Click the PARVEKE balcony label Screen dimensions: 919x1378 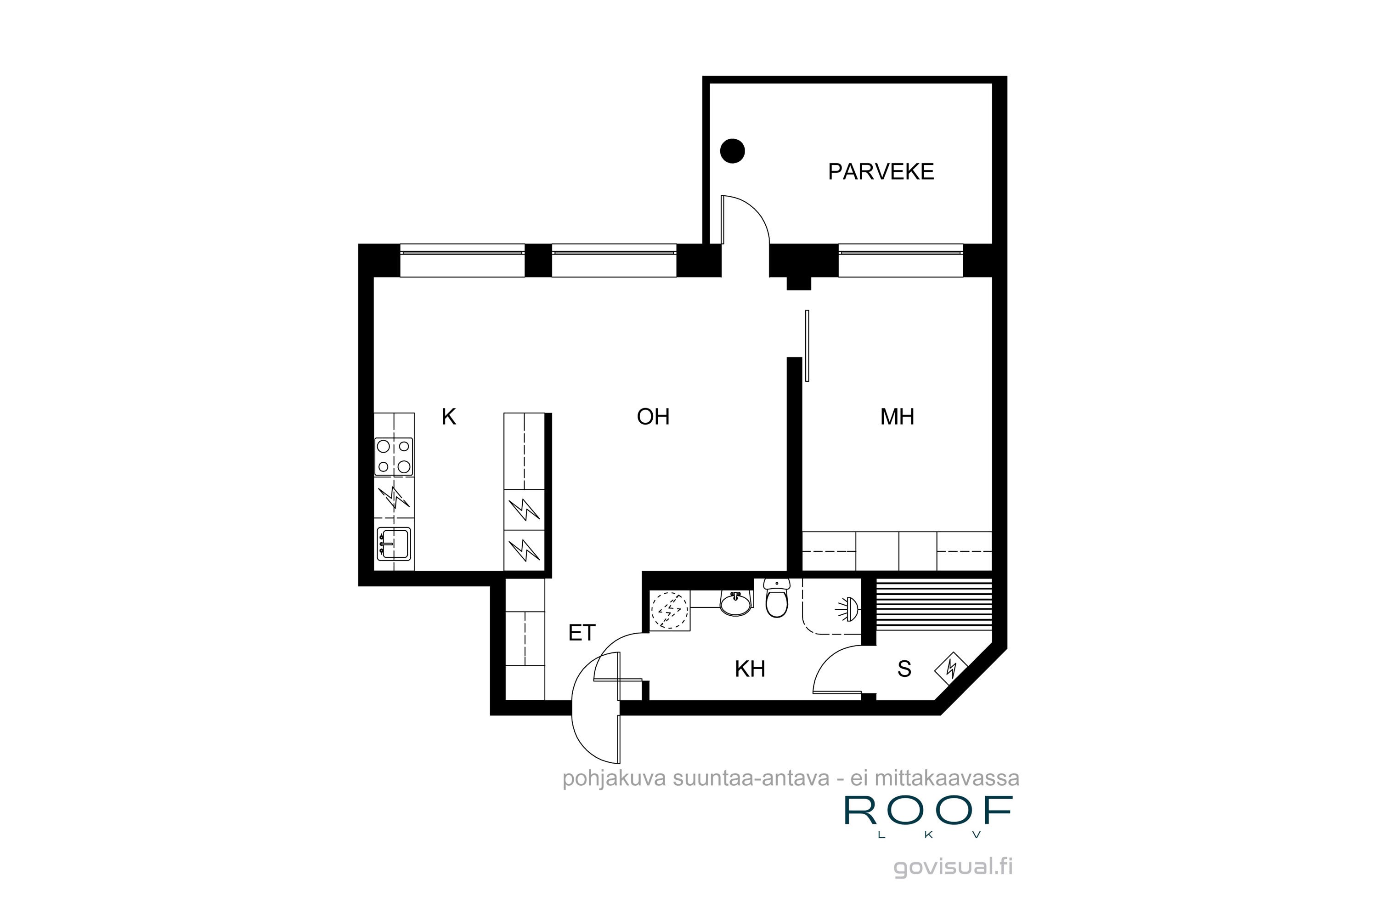pos(880,172)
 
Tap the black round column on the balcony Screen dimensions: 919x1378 pos(732,151)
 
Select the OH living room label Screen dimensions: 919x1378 pos(653,417)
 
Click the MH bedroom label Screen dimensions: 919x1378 pos(897,417)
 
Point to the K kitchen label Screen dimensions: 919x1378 pos(448,417)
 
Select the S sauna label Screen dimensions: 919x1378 pos(904,669)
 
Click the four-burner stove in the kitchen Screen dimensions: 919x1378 pos(394,457)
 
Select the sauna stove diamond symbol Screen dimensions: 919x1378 pos(951,668)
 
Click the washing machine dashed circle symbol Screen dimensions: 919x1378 pos(670,610)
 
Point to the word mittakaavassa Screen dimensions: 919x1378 pos(947,778)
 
